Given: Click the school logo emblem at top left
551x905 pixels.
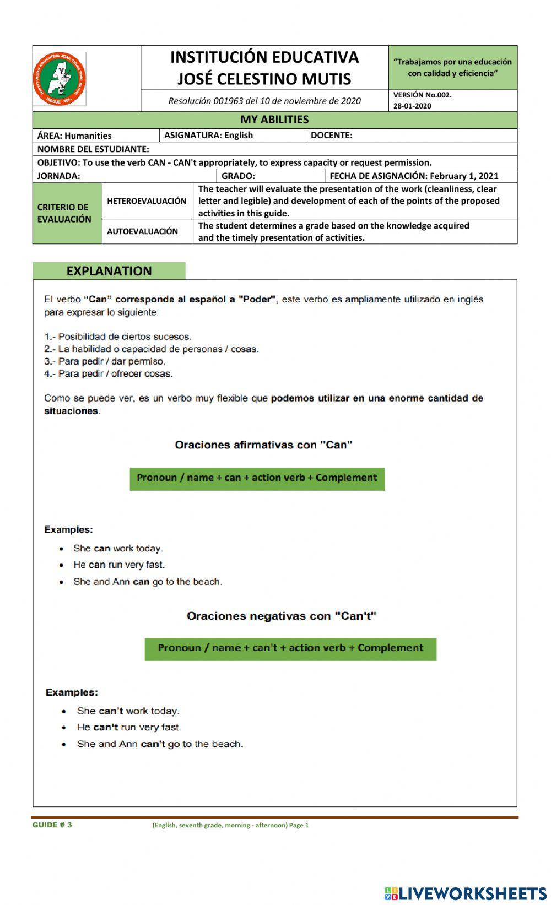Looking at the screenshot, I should pos(60,79).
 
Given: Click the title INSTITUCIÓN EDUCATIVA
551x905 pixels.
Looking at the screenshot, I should pos(264,57).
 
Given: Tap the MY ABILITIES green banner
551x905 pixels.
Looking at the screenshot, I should pos(274,120).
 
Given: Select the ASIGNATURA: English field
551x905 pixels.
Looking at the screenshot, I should pos(209,135).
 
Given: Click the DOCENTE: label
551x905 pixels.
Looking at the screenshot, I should pos(332,135).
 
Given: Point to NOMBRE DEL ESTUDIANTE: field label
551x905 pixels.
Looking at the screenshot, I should pos(93,149).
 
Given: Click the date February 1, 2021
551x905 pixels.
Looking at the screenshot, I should pos(464,176).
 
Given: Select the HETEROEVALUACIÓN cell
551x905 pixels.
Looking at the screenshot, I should pos(147,201).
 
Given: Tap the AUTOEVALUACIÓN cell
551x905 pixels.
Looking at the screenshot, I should pos(142,231).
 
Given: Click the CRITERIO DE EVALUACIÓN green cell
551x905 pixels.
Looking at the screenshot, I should pos(64,213).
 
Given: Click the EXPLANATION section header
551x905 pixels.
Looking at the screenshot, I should pos(109,271).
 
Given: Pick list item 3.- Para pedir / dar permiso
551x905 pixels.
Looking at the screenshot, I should pos(105,361).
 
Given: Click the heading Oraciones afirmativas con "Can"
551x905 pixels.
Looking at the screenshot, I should pos(263,445).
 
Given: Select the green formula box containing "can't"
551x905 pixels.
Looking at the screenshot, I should pos(290,648).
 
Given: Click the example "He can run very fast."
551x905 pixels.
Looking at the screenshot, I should pos(119,565).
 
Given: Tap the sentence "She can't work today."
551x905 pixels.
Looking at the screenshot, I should pos(128,711).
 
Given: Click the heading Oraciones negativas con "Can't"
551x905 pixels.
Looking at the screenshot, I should pos(281,616).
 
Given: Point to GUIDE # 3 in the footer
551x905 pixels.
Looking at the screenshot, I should pos(52,825).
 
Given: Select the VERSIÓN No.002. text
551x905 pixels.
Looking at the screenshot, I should pos(423,95).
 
